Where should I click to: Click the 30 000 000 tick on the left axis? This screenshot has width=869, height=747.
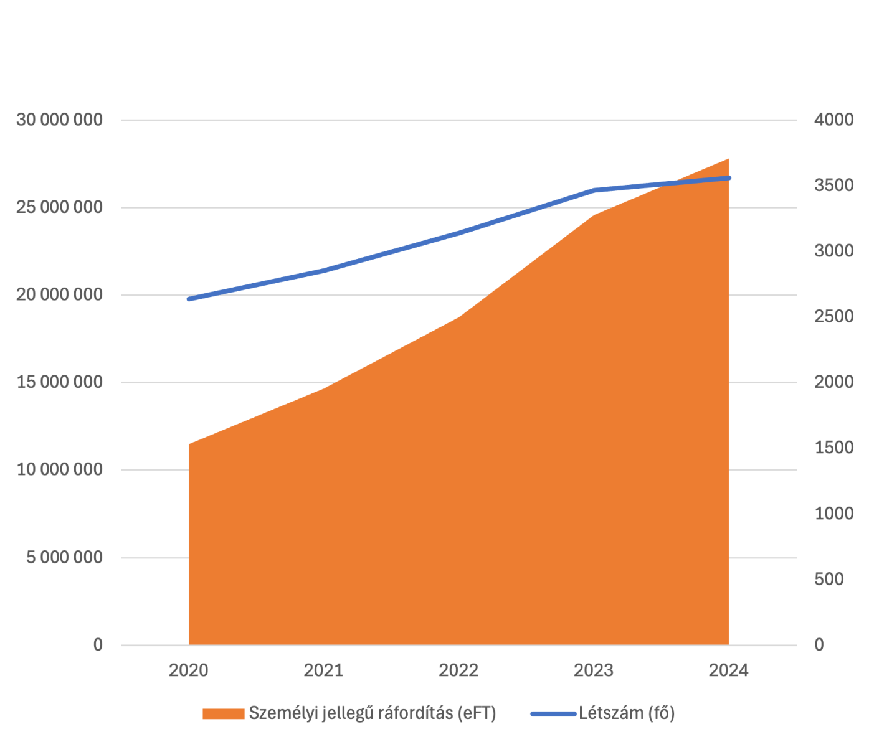pos(59,120)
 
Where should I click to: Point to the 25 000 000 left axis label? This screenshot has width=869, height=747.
pos(59,207)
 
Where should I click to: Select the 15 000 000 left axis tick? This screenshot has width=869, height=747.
pos(59,382)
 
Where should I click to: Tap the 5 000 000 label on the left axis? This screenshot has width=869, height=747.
pos(64,557)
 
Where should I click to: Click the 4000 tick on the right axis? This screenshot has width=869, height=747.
pos(833,120)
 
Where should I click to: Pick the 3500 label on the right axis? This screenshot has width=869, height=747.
pos(833,186)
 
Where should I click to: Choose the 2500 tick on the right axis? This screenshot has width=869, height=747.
pos(833,317)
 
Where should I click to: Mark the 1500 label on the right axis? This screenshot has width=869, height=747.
pos(833,448)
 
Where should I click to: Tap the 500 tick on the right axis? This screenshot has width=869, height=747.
pos(829,580)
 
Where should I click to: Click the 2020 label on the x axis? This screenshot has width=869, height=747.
pos(189,670)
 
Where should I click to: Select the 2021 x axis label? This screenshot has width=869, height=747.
pos(323,670)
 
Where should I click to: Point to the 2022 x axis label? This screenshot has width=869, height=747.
pos(458,670)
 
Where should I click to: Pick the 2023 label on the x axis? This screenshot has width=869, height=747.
pos(594,670)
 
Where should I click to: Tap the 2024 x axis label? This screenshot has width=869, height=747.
pos(729,670)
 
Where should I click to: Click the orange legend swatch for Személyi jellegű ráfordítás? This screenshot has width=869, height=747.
pos(223,713)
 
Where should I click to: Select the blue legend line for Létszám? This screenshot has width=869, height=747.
pos(553,713)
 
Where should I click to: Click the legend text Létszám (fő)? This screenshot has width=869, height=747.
pos(627,713)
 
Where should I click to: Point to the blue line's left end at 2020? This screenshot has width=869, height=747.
pos(189,299)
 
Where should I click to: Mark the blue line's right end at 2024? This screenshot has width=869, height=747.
pos(729,178)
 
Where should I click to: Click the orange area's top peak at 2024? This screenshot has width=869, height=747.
pos(728,159)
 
